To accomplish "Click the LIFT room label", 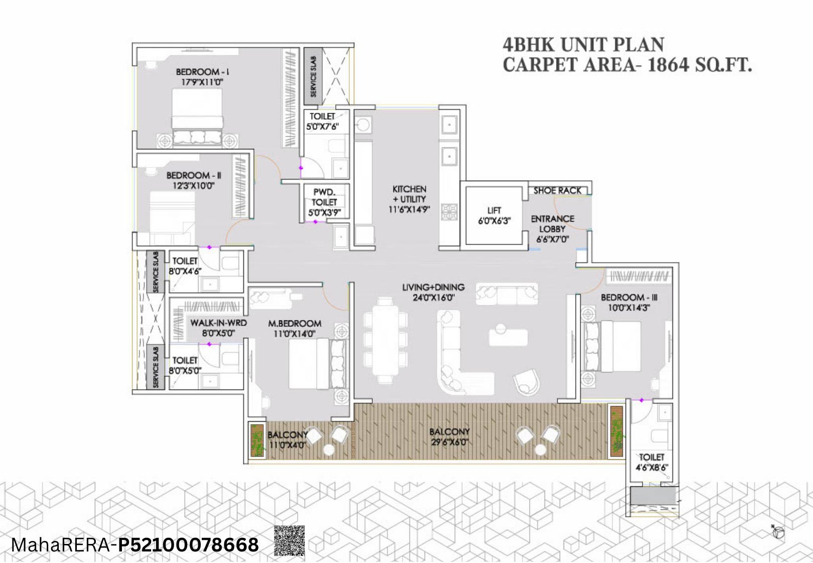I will tap(494, 211).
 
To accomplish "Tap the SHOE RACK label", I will tap(557, 191).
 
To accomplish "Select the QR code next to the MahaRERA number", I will tap(290, 540).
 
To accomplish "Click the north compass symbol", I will tap(778, 532).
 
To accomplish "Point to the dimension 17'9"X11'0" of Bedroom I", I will tap(202, 82).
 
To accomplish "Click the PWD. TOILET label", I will tap(324, 197).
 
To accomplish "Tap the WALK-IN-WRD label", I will tap(218, 323).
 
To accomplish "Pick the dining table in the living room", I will tap(385, 341).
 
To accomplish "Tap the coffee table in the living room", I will tap(508, 337).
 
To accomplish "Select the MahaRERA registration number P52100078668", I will tap(188, 545).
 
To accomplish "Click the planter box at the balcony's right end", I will tap(616, 431).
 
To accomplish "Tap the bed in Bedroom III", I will tap(620, 346).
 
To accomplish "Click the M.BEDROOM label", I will tap(295, 324).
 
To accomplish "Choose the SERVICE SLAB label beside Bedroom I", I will tap(313, 76).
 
